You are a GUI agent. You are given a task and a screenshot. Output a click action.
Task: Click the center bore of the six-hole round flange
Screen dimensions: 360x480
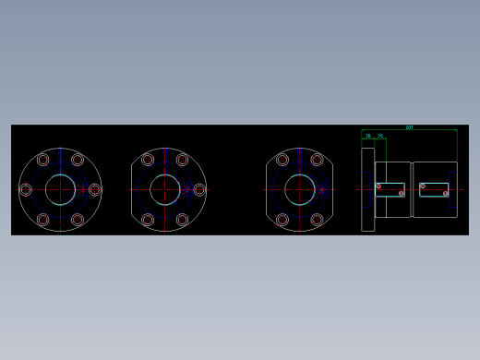[x=60, y=189]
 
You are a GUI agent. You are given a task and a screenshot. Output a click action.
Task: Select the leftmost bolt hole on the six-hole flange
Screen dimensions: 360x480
[x=26, y=189]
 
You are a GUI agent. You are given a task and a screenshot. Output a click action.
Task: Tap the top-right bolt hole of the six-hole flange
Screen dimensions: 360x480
[x=78, y=160]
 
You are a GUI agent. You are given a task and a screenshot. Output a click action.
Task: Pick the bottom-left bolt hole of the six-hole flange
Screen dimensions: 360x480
[x=42, y=220]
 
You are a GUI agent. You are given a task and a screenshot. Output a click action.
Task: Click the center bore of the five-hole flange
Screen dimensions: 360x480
[x=165, y=189]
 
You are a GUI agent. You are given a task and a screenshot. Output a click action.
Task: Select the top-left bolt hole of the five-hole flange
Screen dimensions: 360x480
[x=148, y=160]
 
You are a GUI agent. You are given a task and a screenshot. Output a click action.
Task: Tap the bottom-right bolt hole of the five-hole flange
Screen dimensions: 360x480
[x=183, y=220]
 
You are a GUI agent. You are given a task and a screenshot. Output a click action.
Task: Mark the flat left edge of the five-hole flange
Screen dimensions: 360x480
[x=132, y=189]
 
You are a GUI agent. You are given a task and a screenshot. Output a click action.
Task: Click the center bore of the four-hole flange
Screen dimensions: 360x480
[x=300, y=189]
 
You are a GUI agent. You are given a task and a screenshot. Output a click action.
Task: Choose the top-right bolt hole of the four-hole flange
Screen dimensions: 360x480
[x=318, y=160]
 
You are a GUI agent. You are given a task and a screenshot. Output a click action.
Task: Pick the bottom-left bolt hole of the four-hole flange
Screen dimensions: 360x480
[x=282, y=220]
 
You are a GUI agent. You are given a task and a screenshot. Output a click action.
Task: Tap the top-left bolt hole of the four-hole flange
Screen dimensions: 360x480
[x=282, y=160]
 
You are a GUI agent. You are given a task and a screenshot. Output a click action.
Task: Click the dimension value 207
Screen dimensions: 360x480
[x=409, y=127]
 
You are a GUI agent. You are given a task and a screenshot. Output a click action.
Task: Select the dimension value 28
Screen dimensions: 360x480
[x=368, y=136]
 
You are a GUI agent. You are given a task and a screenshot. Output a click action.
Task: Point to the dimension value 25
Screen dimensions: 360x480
[x=379, y=136]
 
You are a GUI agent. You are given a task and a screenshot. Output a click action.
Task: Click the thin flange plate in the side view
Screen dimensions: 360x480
[x=367, y=189]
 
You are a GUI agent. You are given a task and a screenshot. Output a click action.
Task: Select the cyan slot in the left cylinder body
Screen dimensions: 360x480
[x=390, y=190]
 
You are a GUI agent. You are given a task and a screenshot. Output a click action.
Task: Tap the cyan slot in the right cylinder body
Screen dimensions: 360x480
[x=434, y=189]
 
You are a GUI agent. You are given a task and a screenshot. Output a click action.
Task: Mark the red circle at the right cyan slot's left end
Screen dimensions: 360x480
[x=423, y=186]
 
